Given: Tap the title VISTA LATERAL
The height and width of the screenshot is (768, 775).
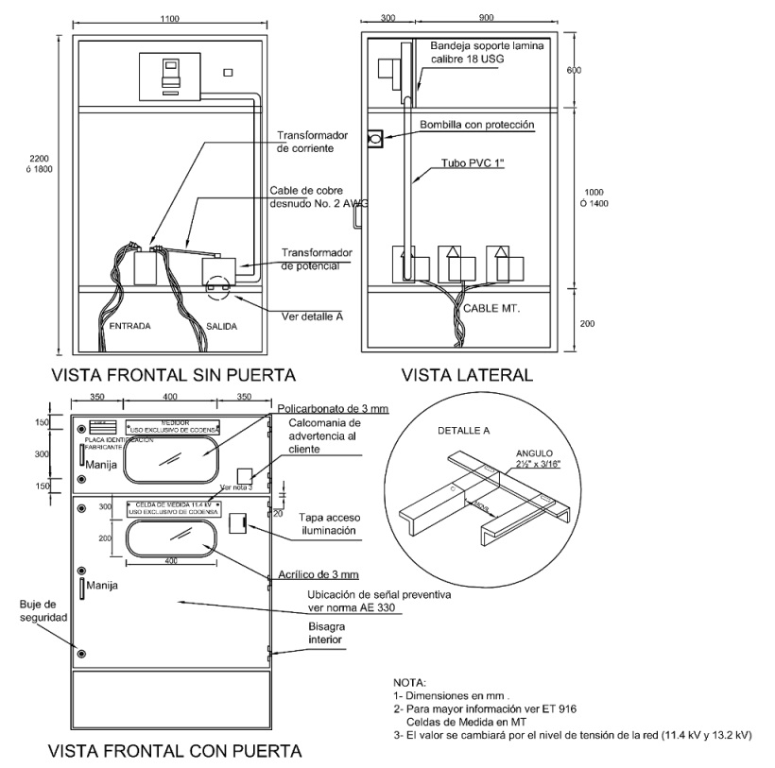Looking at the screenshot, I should [467, 374].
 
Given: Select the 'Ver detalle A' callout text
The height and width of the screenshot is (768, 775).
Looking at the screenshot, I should [312, 316].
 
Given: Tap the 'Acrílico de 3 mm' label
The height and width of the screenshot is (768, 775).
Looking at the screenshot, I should [318, 574].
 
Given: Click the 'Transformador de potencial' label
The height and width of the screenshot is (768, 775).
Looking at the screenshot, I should [318, 260].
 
